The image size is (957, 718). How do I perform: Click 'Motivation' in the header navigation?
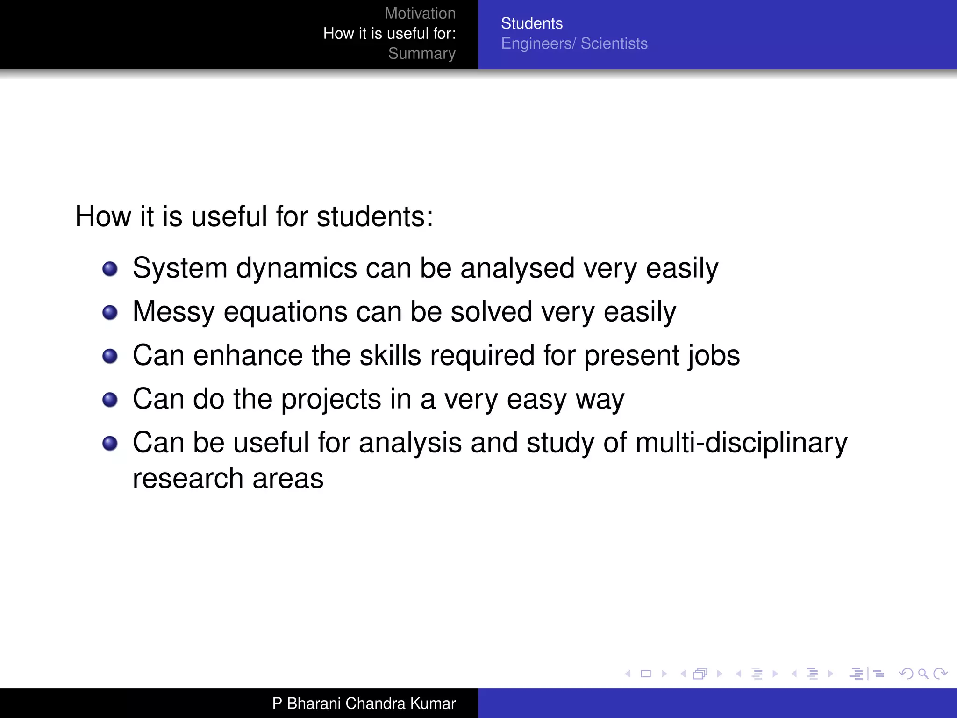420,14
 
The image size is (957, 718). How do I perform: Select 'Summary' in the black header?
421,54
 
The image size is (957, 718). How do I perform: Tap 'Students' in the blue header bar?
531,23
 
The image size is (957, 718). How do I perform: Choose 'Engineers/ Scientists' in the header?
574,43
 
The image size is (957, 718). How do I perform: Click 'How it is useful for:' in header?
389,34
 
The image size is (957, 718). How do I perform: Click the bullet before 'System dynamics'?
110,269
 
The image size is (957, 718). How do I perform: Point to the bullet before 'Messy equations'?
110,312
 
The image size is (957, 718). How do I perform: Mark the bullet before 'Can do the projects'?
110,400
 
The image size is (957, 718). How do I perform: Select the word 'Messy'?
173,312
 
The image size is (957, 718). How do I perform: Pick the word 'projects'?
331,400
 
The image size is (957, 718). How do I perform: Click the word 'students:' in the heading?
374,217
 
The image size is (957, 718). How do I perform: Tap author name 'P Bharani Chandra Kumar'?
364,704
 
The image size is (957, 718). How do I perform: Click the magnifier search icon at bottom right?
923,674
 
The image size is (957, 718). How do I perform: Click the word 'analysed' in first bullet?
517,269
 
